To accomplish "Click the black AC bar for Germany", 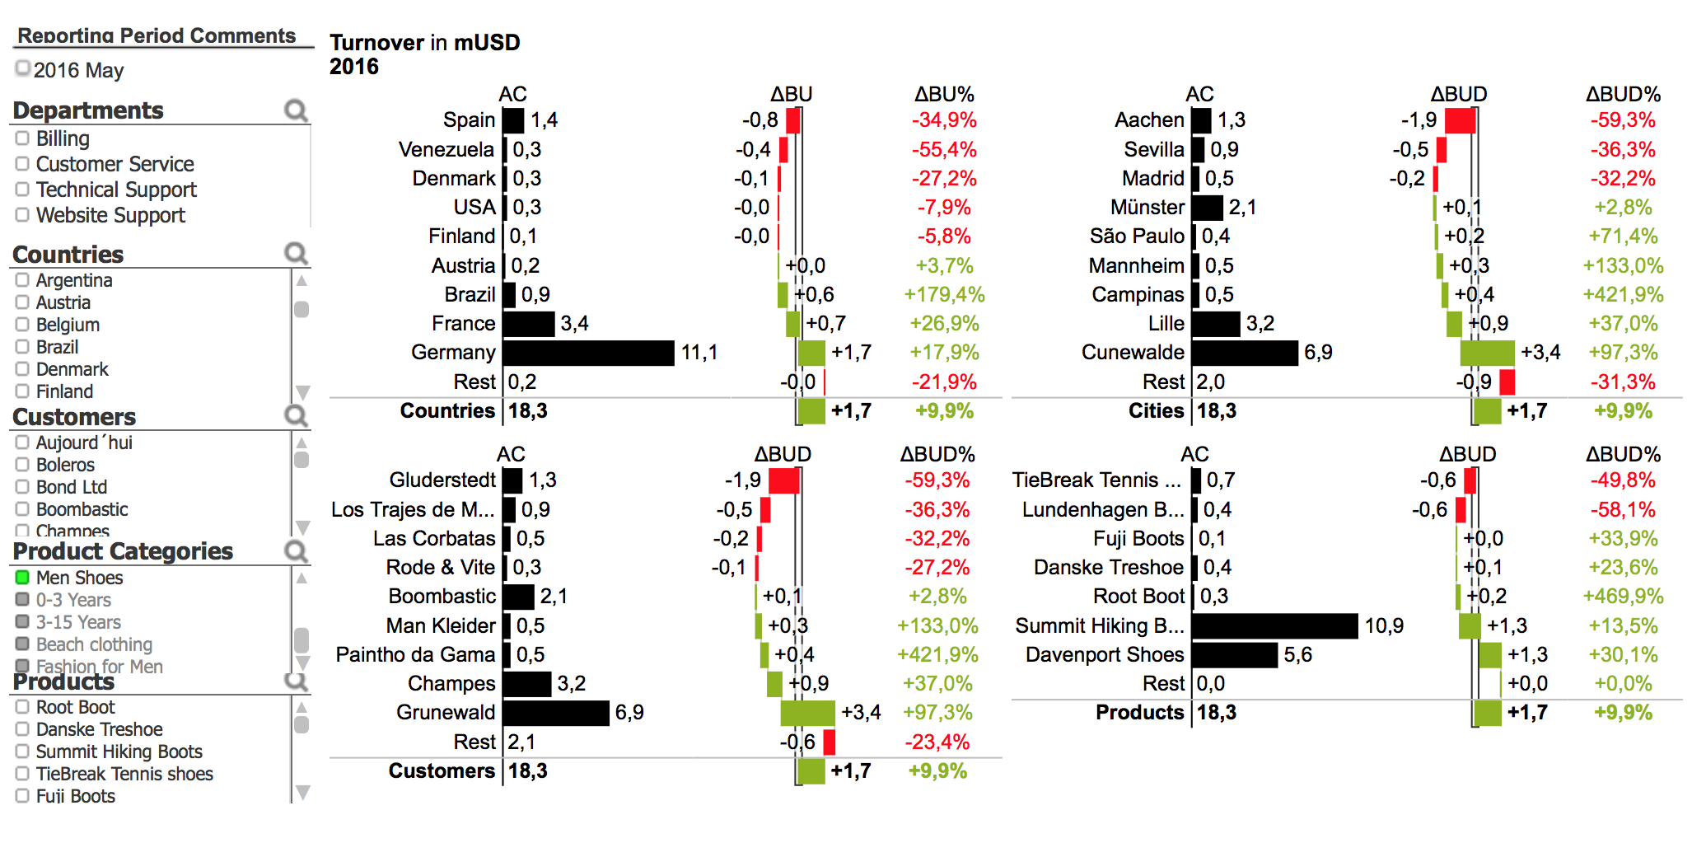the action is pos(588,353).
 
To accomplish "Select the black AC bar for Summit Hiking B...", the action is pos(1274,626).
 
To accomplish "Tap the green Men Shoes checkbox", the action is pos(22,578).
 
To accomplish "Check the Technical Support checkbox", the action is pos(22,190).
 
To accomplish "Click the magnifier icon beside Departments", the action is pos(296,110).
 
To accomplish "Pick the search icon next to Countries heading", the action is pos(296,254).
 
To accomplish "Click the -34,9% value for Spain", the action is pos(944,120).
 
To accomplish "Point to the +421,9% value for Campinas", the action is pos(1623,295).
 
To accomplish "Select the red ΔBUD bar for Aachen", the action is pos(1460,120).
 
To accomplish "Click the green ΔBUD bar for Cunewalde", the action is pos(1488,353).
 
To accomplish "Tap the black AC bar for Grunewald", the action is pos(556,713).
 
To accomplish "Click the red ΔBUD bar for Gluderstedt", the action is pos(784,480).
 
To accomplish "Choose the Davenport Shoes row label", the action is pos(1105,655).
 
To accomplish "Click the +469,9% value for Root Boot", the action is pos(1623,597).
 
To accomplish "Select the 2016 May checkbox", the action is pos(23,68).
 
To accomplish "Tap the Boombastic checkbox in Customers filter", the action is pos(22,509).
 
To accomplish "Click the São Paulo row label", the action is pos(1137,236).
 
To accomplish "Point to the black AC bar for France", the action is pos(529,324).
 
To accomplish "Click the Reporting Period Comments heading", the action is pos(157,35).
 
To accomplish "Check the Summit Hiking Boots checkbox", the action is pos(22,752).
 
